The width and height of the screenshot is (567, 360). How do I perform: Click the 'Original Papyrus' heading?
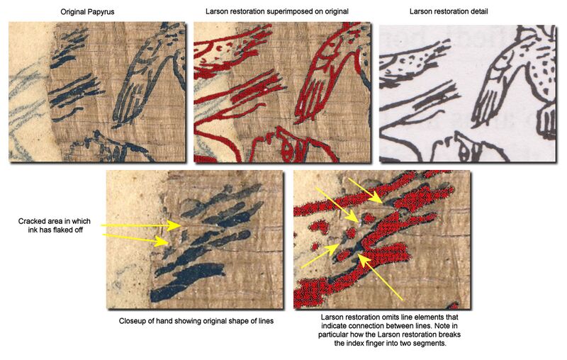point(96,11)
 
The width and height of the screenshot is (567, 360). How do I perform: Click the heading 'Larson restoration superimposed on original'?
point(282,11)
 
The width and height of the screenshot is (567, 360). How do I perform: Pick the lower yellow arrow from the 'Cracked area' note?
point(135,239)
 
